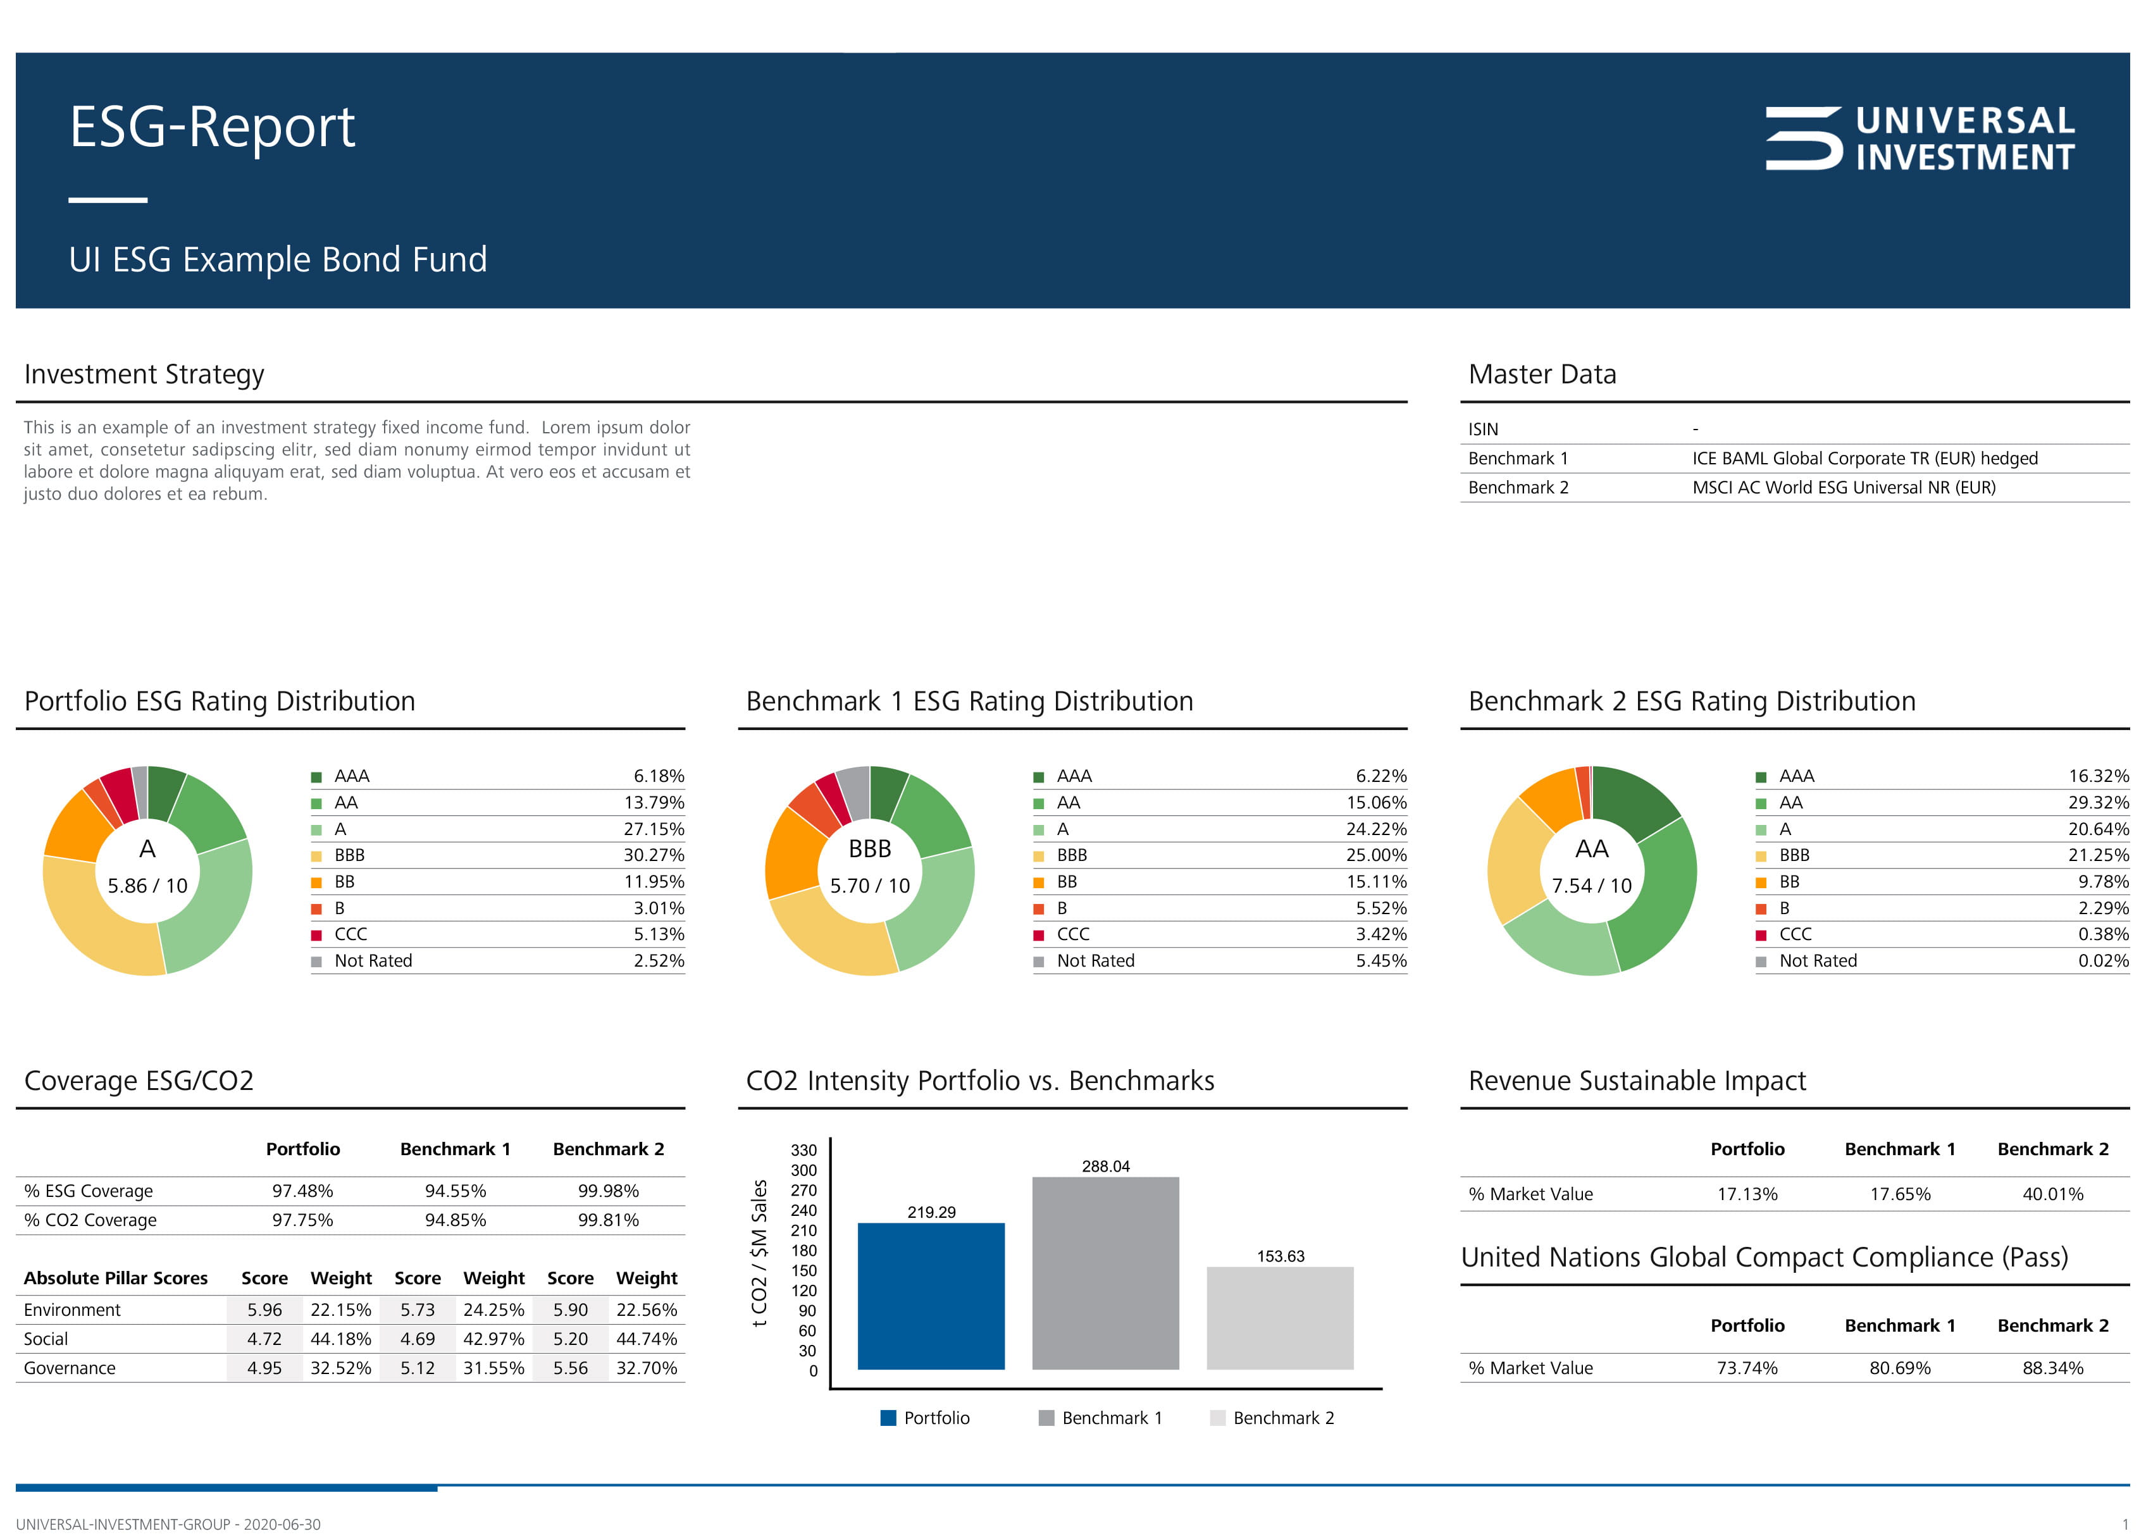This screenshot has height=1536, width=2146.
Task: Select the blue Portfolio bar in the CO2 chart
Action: point(931,1296)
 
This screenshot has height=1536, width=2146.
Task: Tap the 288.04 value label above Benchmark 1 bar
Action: point(1105,1166)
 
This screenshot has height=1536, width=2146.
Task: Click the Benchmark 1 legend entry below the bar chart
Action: point(1102,1418)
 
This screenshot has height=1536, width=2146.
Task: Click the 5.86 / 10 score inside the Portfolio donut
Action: point(147,885)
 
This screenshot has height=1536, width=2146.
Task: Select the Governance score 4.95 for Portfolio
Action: point(264,1368)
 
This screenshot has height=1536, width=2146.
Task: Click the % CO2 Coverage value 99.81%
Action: point(608,1220)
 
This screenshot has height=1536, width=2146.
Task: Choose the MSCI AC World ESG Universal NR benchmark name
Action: point(1844,487)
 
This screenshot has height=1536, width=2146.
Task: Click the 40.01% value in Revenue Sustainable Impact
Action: point(2052,1194)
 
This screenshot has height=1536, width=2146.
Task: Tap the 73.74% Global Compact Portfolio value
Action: point(1746,1368)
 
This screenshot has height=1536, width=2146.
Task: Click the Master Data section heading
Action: point(1542,375)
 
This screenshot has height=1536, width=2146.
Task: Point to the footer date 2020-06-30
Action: point(282,1525)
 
